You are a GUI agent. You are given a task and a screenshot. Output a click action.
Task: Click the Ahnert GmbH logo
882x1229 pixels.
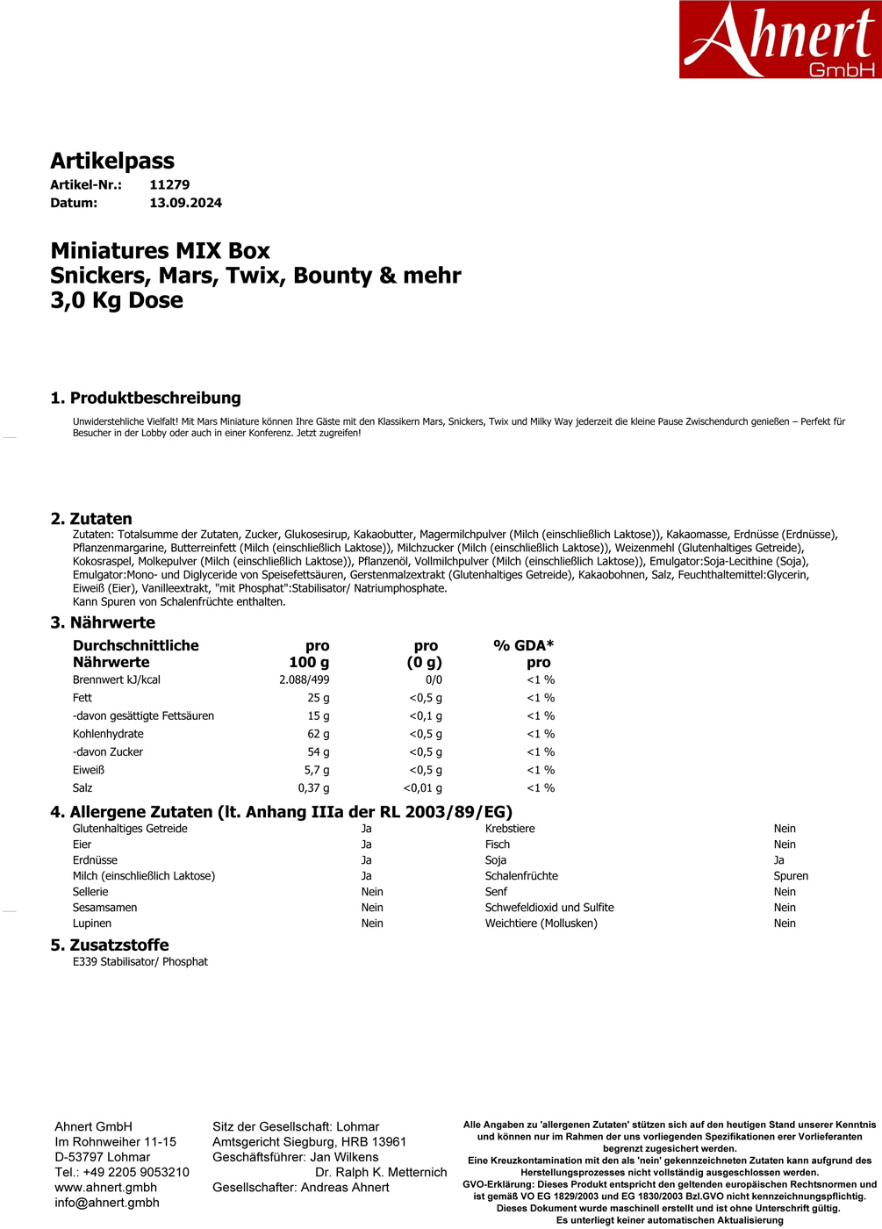click(x=779, y=40)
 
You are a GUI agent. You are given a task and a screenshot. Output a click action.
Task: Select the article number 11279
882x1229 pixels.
click(x=169, y=185)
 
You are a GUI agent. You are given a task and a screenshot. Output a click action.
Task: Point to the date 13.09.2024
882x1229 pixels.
click(x=185, y=203)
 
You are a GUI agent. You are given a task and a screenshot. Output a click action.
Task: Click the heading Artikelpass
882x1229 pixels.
click(x=112, y=161)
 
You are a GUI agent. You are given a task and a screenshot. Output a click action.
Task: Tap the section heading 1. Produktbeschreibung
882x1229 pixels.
click(x=146, y=398)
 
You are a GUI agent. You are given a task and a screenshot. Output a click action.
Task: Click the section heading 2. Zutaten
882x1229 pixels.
click(x=91, y=519)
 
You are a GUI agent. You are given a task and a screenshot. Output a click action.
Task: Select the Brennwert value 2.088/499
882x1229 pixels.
click(x=305, y=680)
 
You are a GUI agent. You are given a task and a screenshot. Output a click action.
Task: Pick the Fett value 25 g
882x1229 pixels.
click(x=319, y=698)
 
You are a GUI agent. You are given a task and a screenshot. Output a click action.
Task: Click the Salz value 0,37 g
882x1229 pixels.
click(x=313, y=788)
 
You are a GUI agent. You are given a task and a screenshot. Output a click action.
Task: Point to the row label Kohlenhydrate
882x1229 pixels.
click(x=108, y=734)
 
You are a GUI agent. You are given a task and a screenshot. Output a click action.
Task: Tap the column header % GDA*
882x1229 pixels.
click(x=523, y=645)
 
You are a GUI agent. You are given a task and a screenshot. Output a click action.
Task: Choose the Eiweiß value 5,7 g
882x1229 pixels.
click(x=317, y=770)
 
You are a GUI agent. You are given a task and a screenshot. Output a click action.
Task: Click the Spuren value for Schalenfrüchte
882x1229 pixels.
click(x=791, y=876)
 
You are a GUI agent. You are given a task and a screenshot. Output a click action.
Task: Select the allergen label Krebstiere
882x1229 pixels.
click(x=510, y=829)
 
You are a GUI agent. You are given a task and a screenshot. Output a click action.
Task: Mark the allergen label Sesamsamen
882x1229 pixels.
click(x=104, y=908)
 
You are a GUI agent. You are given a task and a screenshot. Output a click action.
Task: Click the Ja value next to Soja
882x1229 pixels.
click(x=778, y=860)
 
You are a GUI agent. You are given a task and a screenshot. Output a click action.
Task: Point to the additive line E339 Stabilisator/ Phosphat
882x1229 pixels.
click(x=140, y=962)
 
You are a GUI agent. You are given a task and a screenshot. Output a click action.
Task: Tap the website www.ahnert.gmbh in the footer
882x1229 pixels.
click(x=105, y=1188)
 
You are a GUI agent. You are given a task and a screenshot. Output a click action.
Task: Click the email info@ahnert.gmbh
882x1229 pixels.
click(x=107, y=1203)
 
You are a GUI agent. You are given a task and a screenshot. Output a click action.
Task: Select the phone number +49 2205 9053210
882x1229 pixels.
click(x=136, y=1173)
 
